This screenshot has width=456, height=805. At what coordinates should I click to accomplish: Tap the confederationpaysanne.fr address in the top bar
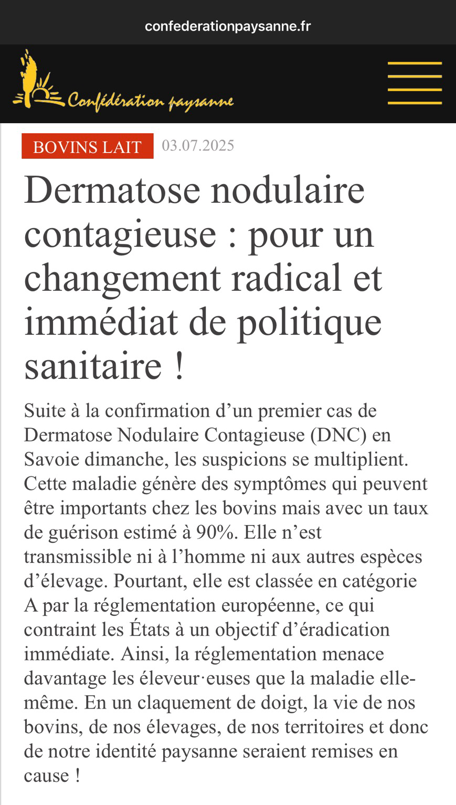coord(228,26)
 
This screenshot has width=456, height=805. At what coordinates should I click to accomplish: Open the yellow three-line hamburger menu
coord(415,83)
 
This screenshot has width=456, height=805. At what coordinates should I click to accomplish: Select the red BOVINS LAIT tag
coord(87,146)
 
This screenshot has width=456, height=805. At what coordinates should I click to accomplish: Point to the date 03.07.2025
coord(198,145)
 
